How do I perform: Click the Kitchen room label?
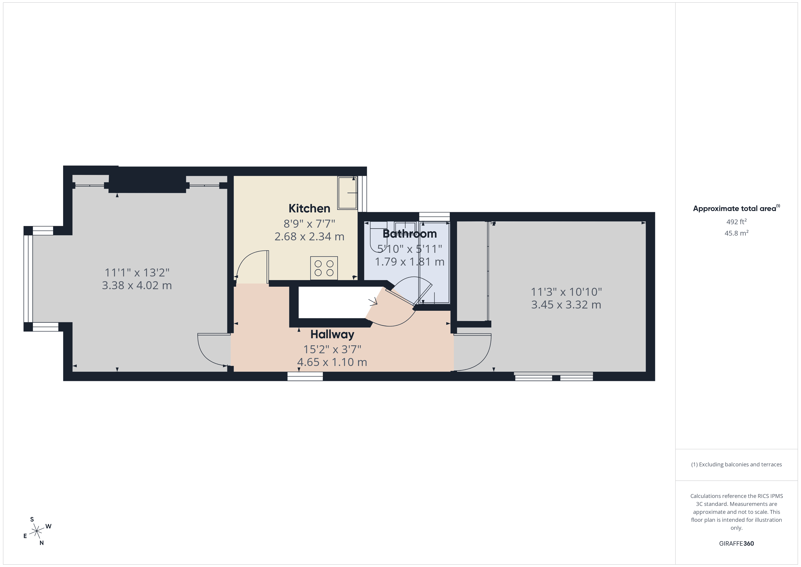click(309, 209)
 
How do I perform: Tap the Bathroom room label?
click(410, 234)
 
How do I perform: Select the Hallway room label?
click(332, 334)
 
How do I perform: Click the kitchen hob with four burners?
click(324, 268)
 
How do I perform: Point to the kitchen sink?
click(347, 193)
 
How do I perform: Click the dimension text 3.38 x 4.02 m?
click(137, 285)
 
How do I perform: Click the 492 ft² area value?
click(736, 222)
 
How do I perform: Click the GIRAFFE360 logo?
click(736, 543)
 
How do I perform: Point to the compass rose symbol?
click(37, 531)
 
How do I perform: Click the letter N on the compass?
click(42, 543)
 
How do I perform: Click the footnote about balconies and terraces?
click(736, 464)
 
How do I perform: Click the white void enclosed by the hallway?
click(331, 302)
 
